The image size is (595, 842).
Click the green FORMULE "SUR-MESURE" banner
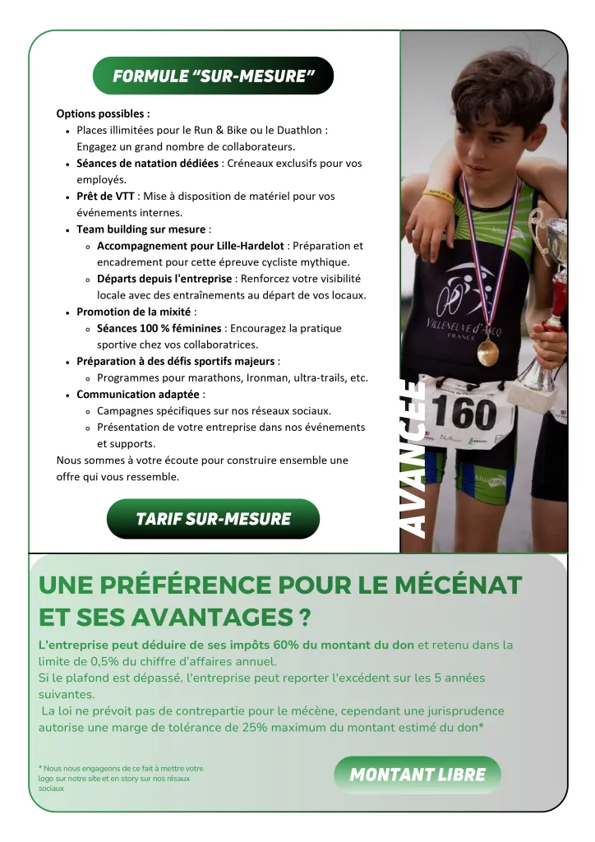[x=213, y=76]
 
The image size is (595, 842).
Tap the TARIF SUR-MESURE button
[x=213, y=519]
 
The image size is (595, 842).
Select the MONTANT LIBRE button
[x=417, y=775]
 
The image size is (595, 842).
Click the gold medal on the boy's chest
[x=487, y=353]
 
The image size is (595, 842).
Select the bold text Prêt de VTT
[x=103, y=197]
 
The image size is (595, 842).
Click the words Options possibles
[x=103, y=113]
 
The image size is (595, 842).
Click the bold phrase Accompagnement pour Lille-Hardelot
[x=191, y=246]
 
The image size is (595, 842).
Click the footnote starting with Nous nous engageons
[x=120, y=778]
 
